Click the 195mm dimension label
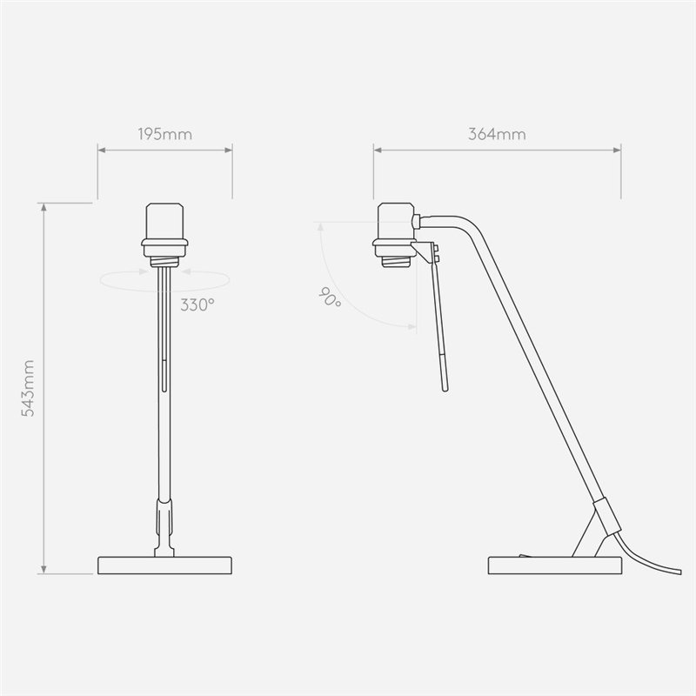click(x=164, y=135)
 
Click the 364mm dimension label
click(x=497, y=135)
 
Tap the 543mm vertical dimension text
click(x=27, y=388)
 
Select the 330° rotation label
click(x=197, y=304)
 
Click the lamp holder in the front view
click(x=164, y=229)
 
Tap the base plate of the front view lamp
click(x=164, y=565)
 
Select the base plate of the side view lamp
click(x=554, y=565)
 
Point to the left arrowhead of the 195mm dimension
click(x=100, y=151)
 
